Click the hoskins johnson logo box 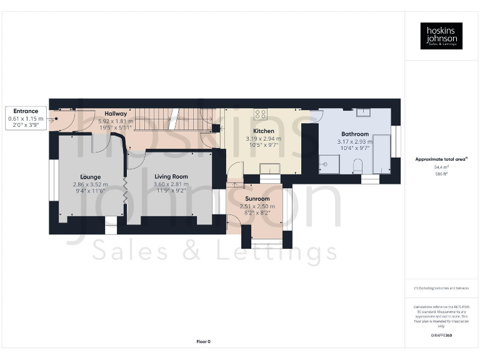click(441, 36)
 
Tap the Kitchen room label click(263, 131)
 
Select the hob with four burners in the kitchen click(261, 114)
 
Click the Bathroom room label click(354, 134)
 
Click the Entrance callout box click(26, 117)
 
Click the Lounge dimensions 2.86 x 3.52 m click(90, 184)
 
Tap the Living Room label click(171, 177)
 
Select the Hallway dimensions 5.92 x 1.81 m click(116, 121)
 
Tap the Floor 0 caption click(204, 341)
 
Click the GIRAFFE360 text click(441, 336)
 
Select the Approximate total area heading click(441, 159)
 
